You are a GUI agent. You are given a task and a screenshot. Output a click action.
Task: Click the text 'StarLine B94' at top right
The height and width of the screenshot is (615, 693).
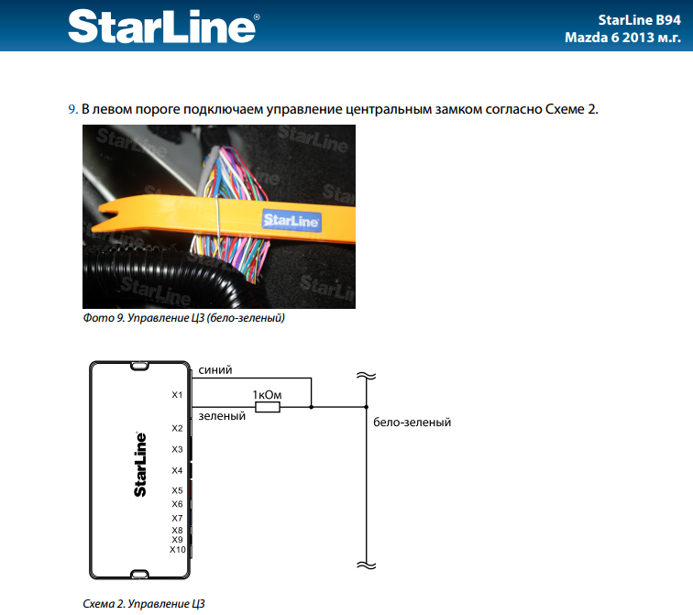632,18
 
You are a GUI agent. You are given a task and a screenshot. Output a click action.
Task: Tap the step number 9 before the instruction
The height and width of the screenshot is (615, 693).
71,109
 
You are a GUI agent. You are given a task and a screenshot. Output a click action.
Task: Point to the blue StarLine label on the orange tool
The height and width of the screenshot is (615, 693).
291,221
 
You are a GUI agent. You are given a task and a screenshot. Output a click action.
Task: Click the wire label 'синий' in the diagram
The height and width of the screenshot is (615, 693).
214,369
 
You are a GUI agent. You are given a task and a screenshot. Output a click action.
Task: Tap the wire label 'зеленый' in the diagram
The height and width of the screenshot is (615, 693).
221,415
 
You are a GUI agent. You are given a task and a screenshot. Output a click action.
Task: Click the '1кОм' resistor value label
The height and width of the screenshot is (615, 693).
267,394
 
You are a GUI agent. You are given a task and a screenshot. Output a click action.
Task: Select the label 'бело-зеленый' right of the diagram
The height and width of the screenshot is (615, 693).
412,423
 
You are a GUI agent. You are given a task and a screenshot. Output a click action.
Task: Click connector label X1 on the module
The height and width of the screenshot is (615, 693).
177,395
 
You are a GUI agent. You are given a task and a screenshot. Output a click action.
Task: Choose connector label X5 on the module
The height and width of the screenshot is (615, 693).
177,490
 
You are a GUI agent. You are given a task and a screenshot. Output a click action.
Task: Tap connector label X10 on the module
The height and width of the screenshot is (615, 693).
178,550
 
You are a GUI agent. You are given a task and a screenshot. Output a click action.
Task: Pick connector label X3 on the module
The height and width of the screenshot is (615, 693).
177,449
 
